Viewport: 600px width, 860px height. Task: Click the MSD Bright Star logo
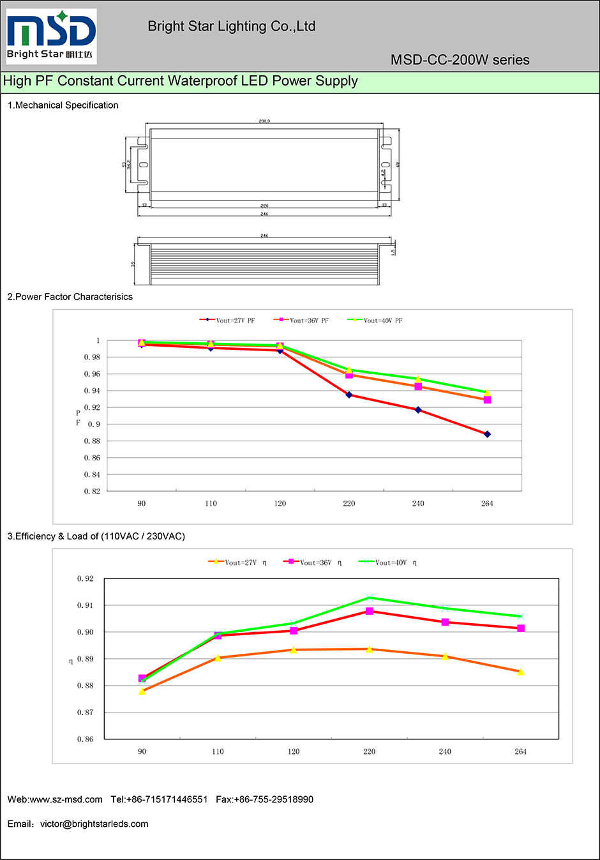tap(51, 36)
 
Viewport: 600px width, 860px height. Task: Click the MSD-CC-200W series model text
tap(460, 60)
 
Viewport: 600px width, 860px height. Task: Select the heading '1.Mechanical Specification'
tap(63, 105)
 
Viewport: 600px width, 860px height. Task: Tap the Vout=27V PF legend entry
tap(228, 321)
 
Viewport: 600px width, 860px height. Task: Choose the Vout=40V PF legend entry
tap(375, 321)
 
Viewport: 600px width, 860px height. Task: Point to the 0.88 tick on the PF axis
tap(92, 441)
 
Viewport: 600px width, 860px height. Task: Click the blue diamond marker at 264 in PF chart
tap(487, 434)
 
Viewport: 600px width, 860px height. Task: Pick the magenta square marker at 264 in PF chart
tap(487, 400)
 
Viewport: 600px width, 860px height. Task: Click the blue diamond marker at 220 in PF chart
tap(349, 395)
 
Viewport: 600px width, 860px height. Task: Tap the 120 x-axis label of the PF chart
tap(280, 504)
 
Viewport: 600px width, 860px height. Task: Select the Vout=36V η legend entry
tap(313, 562)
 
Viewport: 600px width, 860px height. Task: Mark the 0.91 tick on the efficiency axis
tap(86, 605)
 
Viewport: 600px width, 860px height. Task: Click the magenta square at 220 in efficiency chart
tap(370, 611)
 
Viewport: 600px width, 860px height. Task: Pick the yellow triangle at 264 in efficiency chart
tap(521, 672)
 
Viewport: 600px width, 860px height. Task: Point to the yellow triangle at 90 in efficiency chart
tap(142, 691)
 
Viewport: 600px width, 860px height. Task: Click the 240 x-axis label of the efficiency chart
tap(445, 751)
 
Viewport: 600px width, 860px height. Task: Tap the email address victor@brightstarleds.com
tap(94, 824)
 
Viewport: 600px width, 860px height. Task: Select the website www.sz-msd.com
tap(66, 799)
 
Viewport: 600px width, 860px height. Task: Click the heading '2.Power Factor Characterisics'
tap(70, 297)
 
